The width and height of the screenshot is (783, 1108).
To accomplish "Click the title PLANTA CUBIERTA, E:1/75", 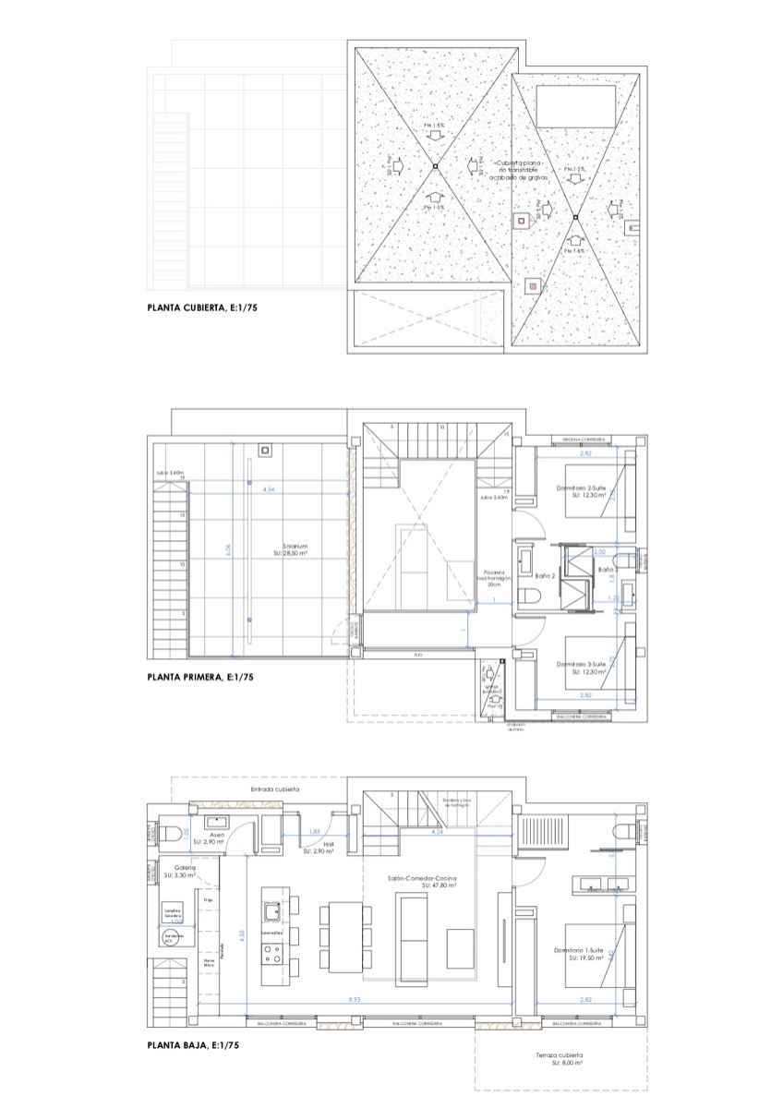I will point(201,310).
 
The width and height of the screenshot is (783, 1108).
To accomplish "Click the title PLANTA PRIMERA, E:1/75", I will point(200,677).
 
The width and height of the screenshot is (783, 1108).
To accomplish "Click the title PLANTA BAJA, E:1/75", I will point(193,1046).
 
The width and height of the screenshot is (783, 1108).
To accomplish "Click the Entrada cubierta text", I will point(275,790).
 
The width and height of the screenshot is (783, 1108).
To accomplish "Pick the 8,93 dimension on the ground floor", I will point(355,1000).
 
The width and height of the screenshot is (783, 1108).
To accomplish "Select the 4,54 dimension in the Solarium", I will point(269,488).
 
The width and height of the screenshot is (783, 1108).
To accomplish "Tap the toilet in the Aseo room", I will point(172,834).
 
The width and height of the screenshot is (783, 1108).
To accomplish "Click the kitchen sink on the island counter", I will point(272,912).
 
